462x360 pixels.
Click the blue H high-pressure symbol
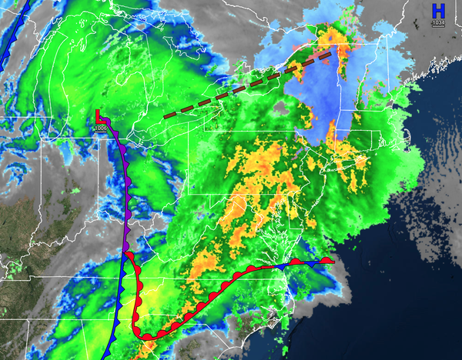438,11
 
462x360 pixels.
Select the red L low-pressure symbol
100,116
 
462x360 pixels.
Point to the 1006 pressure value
100,128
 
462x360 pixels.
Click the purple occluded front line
123,177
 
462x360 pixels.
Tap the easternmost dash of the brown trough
327,55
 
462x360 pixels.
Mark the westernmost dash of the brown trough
170,115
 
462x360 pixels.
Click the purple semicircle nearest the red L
109,123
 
